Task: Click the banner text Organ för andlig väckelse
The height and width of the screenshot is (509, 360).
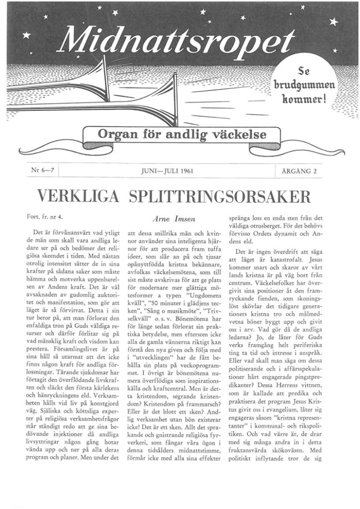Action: point(182,134)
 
